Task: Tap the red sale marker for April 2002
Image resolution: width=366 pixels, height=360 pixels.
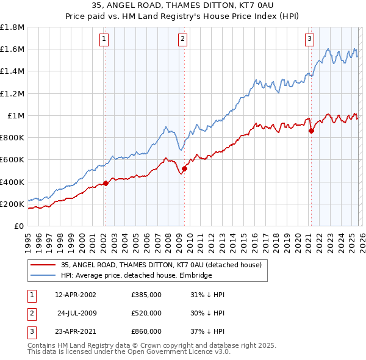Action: click(x=106, y=182)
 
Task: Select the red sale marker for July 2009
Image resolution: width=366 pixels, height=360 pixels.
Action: click(x=184, y=168)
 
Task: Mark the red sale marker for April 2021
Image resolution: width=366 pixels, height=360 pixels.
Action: click(x=311, y=130)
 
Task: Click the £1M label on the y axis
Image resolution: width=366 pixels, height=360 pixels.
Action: click(x=16, y=115)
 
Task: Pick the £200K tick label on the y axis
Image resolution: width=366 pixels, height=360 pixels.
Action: click(x=12, y=204)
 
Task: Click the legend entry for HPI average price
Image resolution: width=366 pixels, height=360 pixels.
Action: click(x=136, y=276)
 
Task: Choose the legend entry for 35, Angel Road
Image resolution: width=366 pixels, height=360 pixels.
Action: click(x=161, y=265)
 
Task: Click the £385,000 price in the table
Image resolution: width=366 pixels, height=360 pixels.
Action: click(x=146, y=295)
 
